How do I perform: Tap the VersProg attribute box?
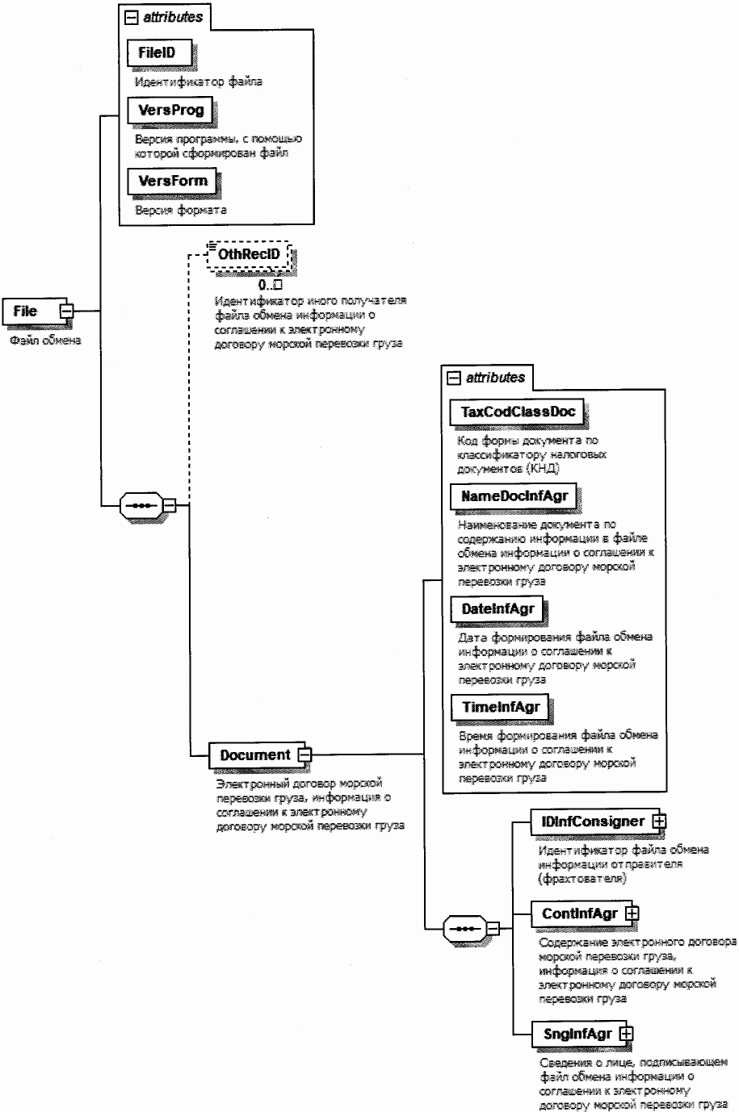click(x=170, y=110)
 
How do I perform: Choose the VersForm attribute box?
click(x=172, y=181)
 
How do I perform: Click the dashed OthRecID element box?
click(x=249, y=254)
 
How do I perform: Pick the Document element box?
click(x=254, y=755)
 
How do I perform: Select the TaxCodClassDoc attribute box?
click(x=517, y=412)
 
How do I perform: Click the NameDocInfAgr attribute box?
click(x=514, y=496)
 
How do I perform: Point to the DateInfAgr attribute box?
click(x=498, y=609)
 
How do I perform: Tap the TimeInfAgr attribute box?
click(x=501, y=708)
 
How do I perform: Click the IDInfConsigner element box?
click(x=592, y=821)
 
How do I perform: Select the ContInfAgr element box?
click(x=579, y=913)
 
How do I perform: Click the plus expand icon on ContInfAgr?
click(x=632, y=913)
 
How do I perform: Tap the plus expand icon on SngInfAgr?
click(x=627, y=1033)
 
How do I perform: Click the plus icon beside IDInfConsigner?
click(x=659, y=821)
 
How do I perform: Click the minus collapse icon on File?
click(x=68, y=311)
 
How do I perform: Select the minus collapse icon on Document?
click(x=304, y=755)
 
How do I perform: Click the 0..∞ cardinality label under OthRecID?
click(x=269, y=285)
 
